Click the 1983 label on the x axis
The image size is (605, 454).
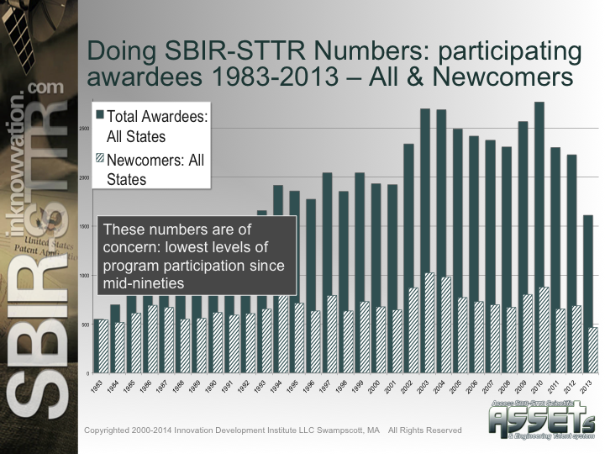point(98,388)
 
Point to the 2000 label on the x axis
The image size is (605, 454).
point(376,388)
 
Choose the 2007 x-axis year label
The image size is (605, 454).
point(490,388)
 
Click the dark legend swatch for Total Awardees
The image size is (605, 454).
point(100,114)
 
